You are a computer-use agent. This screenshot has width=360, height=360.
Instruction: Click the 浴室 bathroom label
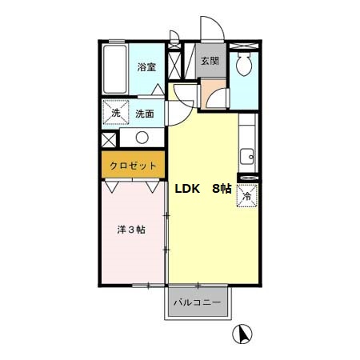click(x=145, y=68)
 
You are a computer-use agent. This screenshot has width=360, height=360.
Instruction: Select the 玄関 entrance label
click(x=210, y=62)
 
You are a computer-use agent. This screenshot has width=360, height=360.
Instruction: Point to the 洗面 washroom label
click(x=145, y=114)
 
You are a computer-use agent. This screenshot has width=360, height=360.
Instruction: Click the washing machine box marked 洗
click(x=116, y=113)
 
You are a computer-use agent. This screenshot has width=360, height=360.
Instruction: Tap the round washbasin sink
click(x=142, y=137)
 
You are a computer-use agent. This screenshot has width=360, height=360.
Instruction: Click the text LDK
click(x=187, y=190)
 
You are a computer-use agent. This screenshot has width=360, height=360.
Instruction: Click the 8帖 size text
click(x=222, y=190)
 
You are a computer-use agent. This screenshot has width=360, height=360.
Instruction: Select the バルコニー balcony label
click(x=198, y=304)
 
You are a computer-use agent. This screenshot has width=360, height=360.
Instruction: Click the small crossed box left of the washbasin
click(x=108, y=138)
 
